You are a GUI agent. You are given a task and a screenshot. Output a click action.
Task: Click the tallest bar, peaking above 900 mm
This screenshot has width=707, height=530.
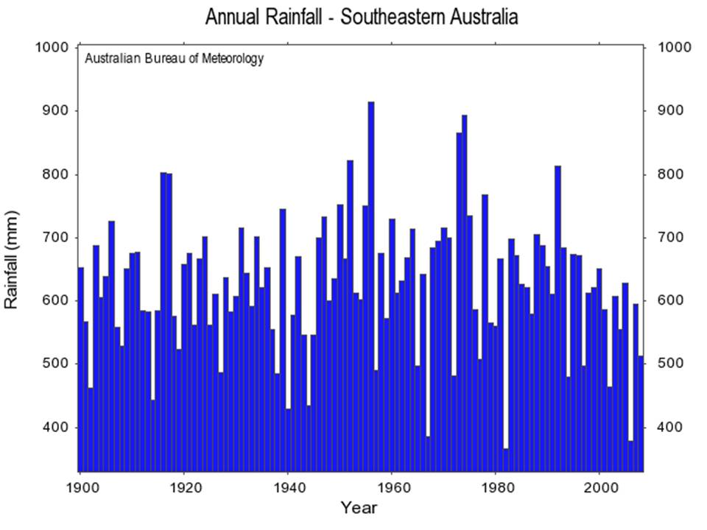[x=371, y=286]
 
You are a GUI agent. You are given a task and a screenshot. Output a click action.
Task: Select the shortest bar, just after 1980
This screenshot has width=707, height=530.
[x=506, y=459]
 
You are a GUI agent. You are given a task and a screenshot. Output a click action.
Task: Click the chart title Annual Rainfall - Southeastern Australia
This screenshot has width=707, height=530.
[x=362, y=17]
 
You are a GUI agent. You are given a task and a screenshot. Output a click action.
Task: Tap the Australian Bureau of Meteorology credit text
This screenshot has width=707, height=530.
[x=174, y=59]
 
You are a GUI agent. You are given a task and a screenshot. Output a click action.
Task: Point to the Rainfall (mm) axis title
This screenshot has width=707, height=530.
[x=11, y=260]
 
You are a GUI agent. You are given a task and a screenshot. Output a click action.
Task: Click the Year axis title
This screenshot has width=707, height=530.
[x=359, y=507]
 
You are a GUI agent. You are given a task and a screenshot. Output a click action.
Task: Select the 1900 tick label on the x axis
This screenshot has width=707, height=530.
[x=80, y=487]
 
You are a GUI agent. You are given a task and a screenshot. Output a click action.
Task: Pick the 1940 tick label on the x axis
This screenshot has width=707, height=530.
[x=288, y=487]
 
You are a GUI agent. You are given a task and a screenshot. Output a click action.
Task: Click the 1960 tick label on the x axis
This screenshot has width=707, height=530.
[x=392, y=487]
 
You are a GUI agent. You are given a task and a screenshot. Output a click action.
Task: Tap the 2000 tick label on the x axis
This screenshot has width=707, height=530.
[x=599, y=487]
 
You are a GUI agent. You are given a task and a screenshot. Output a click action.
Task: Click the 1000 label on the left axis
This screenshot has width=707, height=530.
[x=52, y=47]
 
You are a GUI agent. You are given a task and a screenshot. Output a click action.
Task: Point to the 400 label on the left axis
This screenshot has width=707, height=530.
[x=55, y=427]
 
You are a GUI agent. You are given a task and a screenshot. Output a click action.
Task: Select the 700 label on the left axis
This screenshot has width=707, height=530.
[x=55, y=237]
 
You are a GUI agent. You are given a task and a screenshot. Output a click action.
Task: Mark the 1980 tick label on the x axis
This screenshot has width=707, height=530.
[x=496, y=487]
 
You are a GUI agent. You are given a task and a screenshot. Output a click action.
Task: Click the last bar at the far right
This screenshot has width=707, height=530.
[x=641, y=414]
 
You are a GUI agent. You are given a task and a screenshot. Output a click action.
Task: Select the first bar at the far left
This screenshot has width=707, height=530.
[x=81, y=370]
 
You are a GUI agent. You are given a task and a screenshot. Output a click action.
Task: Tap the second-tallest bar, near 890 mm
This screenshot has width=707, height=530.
[x=465, y=294]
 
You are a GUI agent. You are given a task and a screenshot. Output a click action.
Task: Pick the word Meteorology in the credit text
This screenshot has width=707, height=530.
[x=233, y=59]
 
